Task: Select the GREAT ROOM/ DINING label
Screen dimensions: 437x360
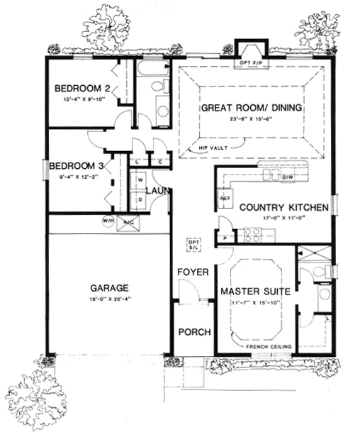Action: click(252, 108)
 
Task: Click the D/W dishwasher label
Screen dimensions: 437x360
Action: click(287, 175)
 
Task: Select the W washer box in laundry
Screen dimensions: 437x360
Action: click(140, 179)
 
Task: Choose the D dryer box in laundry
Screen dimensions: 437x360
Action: click(140, 199)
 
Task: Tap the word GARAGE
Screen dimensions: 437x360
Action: click(109, 288)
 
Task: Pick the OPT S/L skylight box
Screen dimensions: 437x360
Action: click(193, 244)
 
